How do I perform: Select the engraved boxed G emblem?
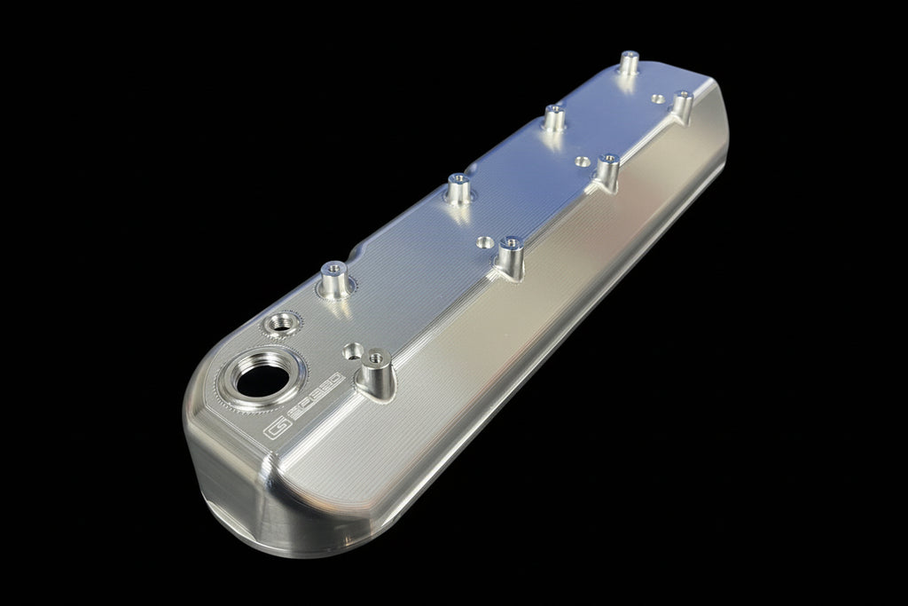click(276, 432)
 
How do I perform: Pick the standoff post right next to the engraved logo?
click(374, 372)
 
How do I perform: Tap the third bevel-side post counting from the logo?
click(607, 171)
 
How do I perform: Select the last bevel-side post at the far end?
click(681, 105)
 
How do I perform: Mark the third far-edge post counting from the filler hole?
click(554, 117)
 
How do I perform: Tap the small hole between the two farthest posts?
click(657, 98)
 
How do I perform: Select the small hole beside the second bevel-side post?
click(485, 240)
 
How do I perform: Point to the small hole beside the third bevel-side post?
click(582, 161)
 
